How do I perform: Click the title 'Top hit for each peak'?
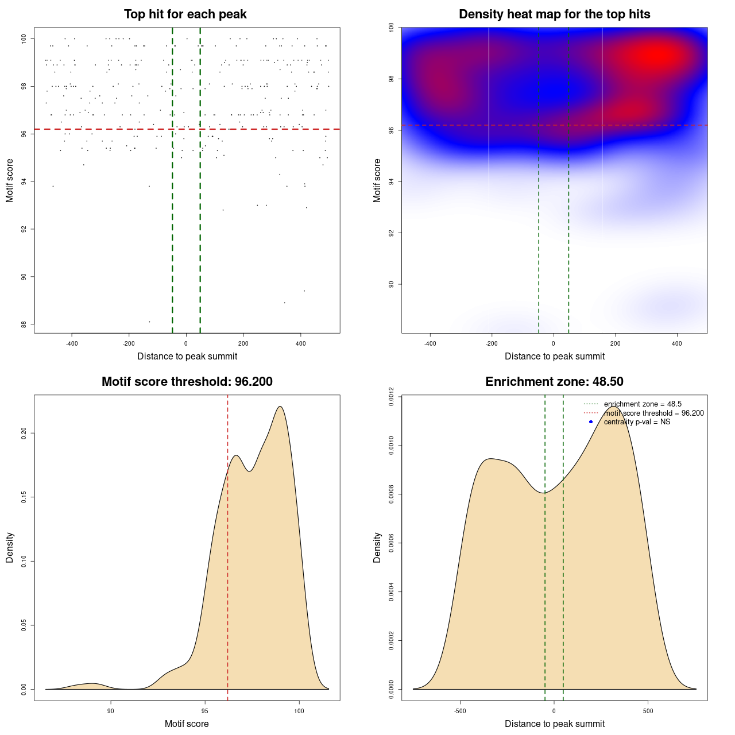pos(185,14)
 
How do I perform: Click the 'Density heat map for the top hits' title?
pos(554,14)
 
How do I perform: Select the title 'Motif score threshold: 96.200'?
pos(187,382)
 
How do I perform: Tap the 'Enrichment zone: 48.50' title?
pos(554,382)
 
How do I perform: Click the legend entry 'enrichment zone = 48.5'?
pos(643,404)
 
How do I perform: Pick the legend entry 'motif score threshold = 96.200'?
pos(653,413)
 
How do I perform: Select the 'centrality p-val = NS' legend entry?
pos(637,422)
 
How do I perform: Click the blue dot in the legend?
pos(591,422)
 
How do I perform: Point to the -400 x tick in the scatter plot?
pos(72,343)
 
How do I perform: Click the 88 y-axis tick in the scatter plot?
pos(24,324)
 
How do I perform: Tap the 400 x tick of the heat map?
pos(677,343)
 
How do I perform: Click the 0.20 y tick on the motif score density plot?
pos(24,432)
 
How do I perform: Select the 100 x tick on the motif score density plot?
pos(299,711)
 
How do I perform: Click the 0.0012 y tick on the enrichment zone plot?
pos(391,397)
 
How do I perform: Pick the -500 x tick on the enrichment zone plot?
pos(460,711)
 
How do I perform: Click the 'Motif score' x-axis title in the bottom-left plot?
pos(187,724)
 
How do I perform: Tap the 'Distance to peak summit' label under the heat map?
pos(554,356)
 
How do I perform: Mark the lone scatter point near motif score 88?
pos(149,322)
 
